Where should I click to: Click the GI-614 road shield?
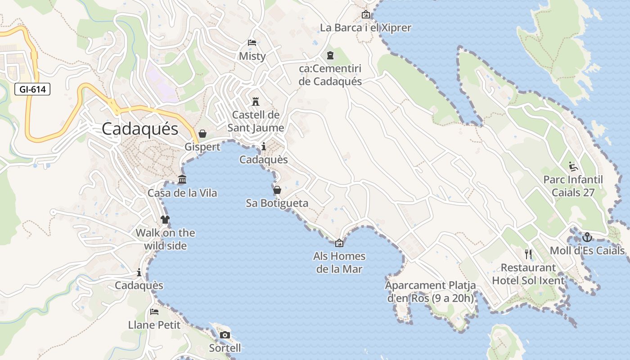click(33, 89)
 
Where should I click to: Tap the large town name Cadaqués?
click(140, 129)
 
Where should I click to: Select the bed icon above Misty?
click(252, 43)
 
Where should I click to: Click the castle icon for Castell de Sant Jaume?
click(256, 101)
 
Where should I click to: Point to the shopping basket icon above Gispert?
click(202, 134)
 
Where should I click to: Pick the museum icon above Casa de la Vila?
click(182, 180)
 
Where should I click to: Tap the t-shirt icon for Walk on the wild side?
click(165, 220)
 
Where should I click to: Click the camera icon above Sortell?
click(225, 335)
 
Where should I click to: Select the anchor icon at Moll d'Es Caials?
click(587, 237)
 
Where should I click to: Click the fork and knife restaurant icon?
click(528, 254)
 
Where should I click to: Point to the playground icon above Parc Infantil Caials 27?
click(573, 166)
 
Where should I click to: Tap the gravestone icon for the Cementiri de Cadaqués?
click(331, 55)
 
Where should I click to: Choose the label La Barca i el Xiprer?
click(365, 28)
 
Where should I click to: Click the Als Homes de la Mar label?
click(339, 263)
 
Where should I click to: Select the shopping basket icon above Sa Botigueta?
click(277, 190)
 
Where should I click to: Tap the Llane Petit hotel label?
click(154, 325)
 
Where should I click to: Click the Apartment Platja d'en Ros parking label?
click(430, 292)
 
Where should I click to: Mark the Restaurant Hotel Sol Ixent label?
click(528, 274)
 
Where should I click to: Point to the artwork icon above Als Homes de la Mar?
click(339, 243)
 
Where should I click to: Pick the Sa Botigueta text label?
click(277, 203)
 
